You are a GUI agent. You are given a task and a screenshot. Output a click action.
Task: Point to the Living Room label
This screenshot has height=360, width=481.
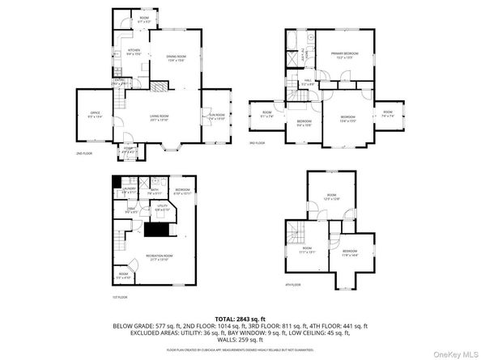159,117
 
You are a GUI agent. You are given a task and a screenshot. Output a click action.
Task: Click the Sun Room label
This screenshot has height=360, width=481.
216,117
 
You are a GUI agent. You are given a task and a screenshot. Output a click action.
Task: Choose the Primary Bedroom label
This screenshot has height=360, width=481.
344,54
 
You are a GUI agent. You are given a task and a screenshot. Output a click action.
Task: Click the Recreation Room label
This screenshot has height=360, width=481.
156,257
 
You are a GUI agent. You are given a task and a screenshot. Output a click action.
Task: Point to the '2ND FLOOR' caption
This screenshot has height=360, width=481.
84,153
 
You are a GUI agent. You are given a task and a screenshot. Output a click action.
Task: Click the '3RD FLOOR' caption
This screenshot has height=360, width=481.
258,142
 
